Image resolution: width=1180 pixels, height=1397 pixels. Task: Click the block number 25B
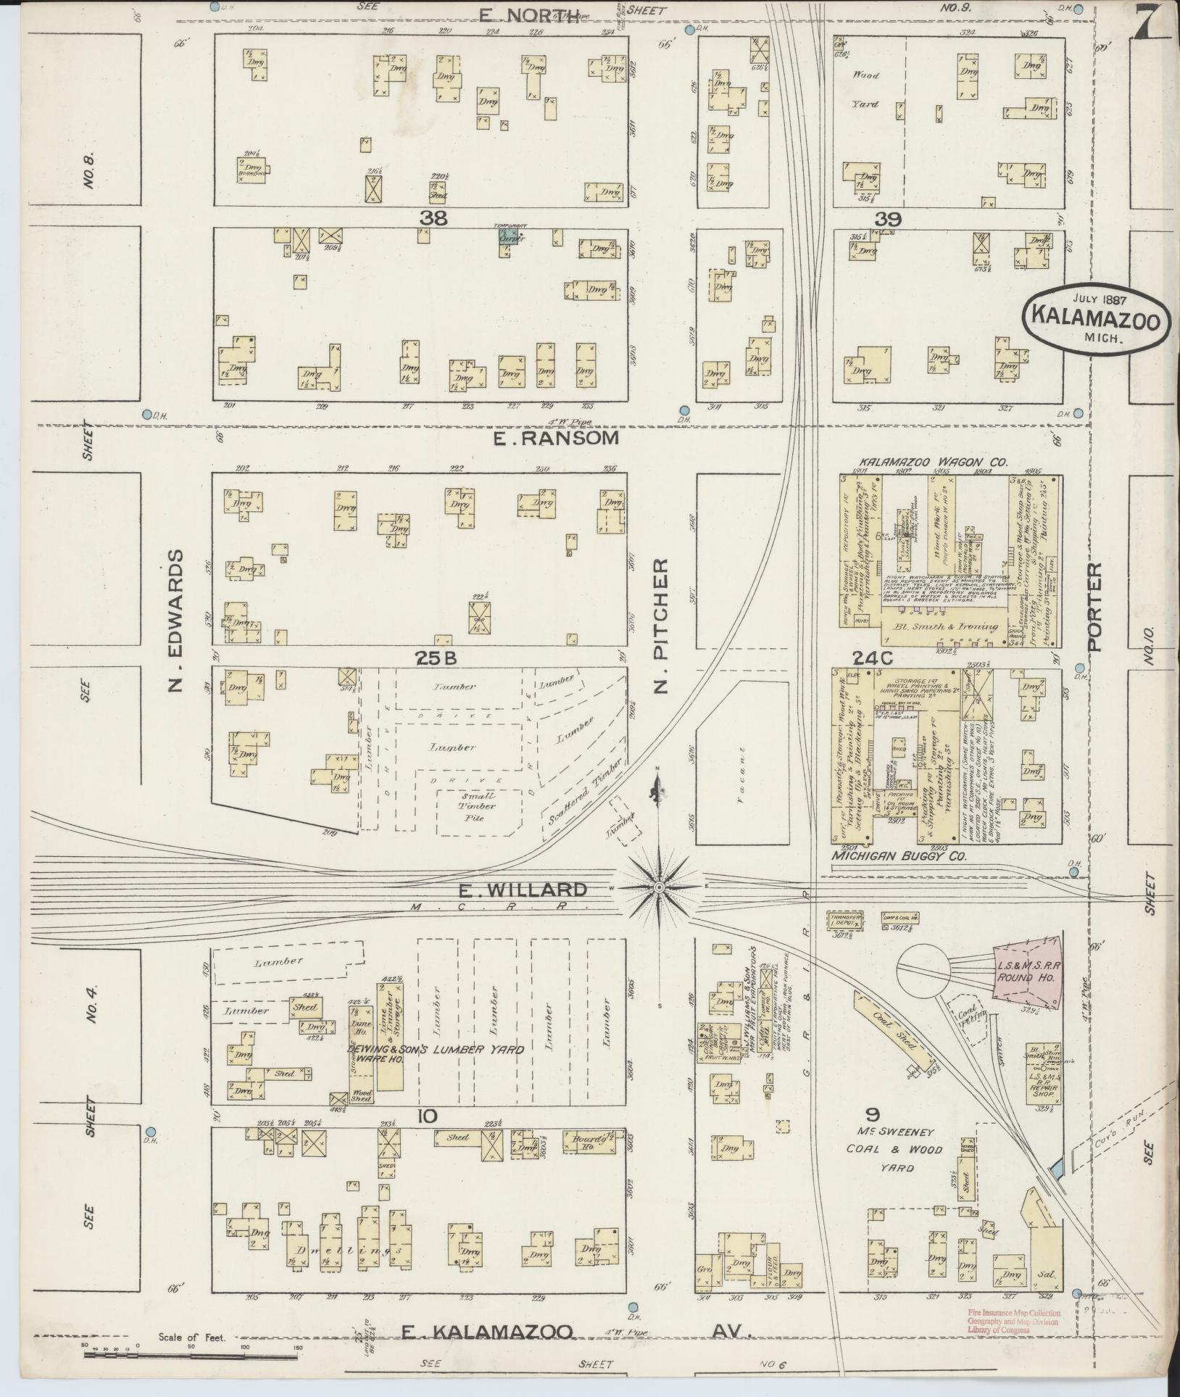tap(435, 658)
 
